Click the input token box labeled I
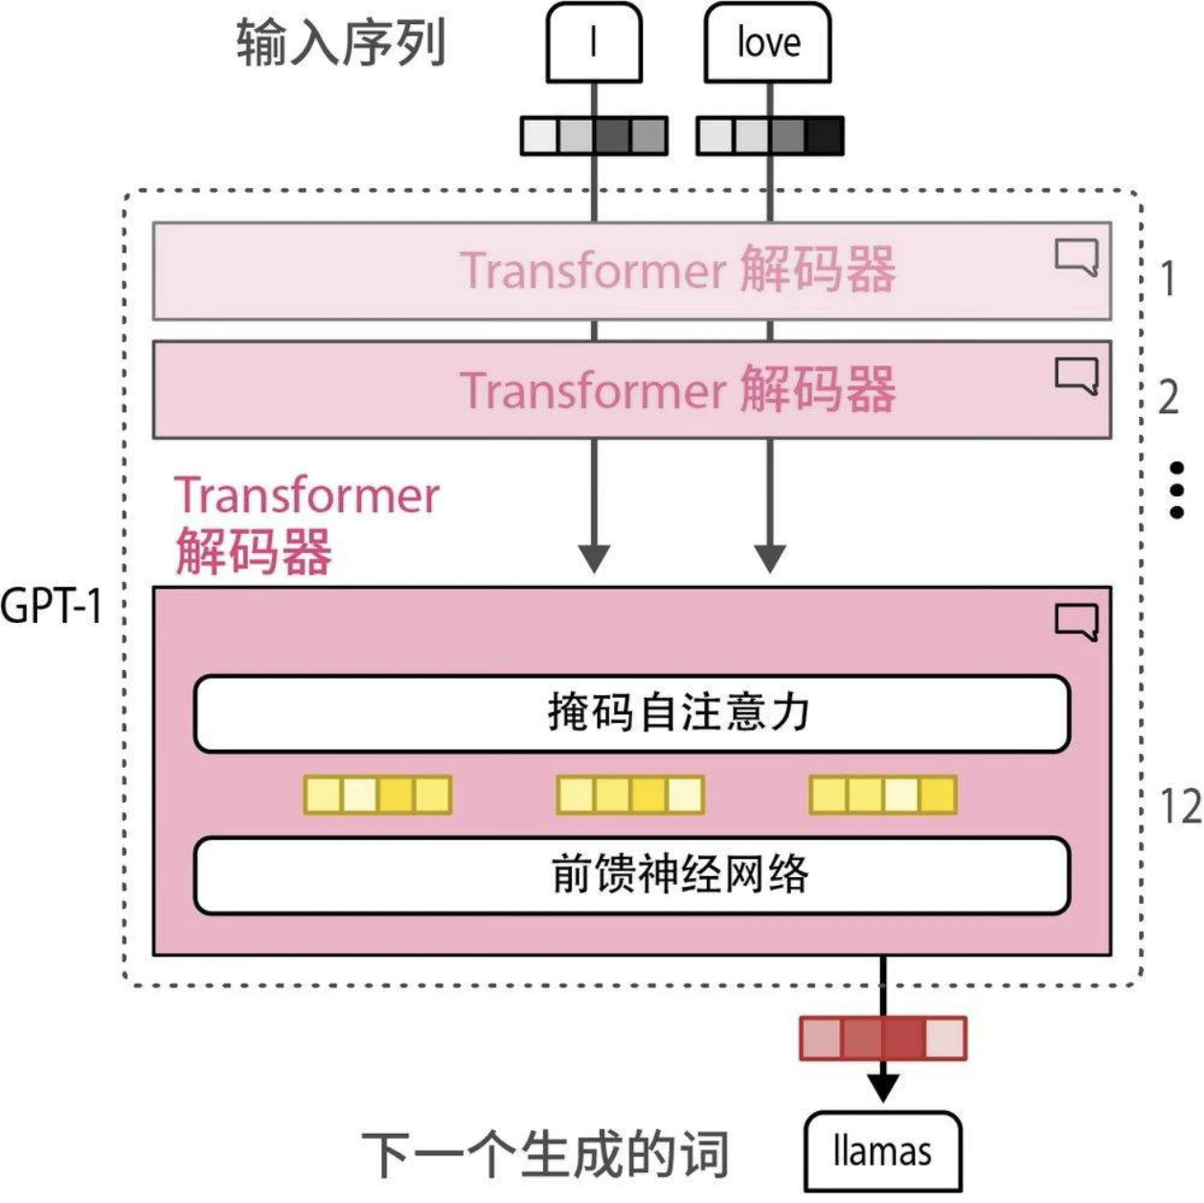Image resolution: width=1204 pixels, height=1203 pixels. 594,43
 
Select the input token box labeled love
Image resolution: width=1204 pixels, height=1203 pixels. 767,43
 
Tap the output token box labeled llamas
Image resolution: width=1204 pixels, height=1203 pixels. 882,1151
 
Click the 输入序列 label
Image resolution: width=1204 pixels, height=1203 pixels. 341,43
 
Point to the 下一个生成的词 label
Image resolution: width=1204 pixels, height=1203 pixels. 545,1153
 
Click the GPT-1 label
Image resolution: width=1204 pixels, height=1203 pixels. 52,606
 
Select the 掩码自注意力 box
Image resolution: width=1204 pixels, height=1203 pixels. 631,714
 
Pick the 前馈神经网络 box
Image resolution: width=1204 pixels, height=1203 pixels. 631,875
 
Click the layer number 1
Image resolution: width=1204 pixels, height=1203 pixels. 1168,279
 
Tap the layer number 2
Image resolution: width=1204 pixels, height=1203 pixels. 1168,397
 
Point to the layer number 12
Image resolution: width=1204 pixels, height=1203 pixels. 1180,807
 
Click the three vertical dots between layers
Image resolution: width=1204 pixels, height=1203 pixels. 1177,491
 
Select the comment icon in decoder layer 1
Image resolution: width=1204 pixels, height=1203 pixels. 1077,258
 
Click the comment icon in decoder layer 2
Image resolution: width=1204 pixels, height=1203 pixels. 1077,376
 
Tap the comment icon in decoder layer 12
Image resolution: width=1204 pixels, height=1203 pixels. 1077,622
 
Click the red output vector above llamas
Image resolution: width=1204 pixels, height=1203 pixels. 882,1038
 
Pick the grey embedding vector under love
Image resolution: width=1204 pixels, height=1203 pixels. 770,136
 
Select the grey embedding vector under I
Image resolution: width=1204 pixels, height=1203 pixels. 594,136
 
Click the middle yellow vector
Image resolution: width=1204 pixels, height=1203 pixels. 630,796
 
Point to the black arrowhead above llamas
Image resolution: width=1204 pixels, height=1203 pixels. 882,1087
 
